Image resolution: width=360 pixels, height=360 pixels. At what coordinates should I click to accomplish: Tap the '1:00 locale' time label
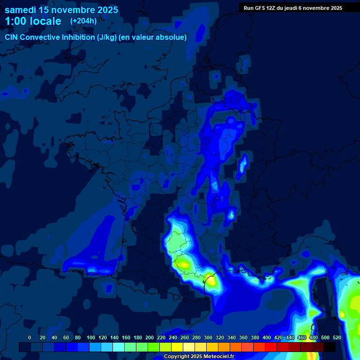tap(33, 21)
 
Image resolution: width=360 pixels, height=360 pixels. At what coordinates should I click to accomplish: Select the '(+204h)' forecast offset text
tap(83, 21)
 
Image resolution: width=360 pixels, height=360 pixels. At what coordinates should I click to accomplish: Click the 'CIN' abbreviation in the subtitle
tap(12, 37)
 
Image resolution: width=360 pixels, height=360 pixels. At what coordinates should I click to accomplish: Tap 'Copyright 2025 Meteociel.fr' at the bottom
tap(199, 357)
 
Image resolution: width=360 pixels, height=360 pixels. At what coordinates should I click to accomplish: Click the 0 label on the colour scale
tap(30, 337)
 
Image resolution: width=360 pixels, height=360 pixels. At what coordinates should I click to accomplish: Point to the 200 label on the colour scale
tap(149, 337)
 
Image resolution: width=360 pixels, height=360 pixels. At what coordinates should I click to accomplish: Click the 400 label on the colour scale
tap(267, 337)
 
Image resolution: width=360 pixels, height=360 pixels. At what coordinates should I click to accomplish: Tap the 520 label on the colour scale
tap(337, 337)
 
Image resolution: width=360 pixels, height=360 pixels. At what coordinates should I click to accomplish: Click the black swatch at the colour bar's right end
tap(330, 347)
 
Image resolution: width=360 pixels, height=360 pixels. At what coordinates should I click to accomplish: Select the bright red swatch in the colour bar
tap(271, 347)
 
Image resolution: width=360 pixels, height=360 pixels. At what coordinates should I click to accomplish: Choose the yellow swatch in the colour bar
tap(177, 347)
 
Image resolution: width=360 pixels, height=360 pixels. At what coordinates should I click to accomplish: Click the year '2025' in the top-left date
tap(107, 10)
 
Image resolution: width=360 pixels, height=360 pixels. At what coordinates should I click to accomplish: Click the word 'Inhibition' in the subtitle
tap(77, 37)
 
